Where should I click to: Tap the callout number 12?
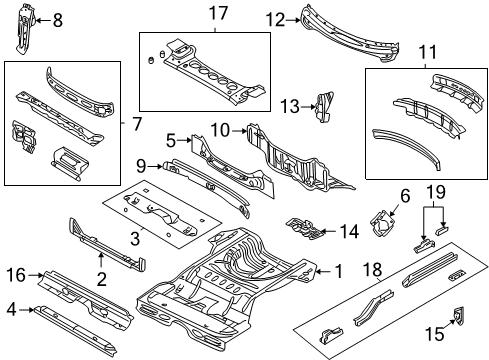click(x=274, y=18)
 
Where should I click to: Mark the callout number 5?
click(x=170, y=141)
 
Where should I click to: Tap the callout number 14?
click(x=347, y=231)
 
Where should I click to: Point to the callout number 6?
click(x=405, y=197)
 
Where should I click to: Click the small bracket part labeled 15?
click(x=460, y=318)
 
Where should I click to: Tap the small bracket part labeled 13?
click(x=323, y=104)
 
